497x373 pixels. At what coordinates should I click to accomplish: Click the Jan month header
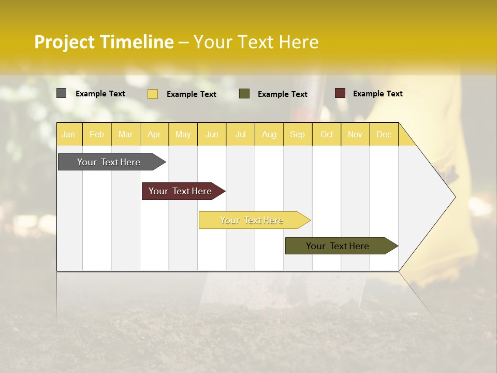[68, 134]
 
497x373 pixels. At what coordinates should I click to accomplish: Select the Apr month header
[154, 134]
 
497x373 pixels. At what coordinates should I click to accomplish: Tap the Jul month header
[240, 134]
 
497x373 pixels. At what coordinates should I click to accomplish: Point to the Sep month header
[297, 134]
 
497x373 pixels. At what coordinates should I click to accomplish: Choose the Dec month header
[384, 134]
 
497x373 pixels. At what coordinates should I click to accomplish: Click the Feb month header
[97, 134]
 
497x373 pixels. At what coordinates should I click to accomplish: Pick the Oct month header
[327, 134]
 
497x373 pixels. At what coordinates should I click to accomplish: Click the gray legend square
[62, 93]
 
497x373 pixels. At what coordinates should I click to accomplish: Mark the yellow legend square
[153, 94]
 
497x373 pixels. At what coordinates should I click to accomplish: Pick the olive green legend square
[244, 94]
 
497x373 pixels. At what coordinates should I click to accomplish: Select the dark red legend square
[340, 93]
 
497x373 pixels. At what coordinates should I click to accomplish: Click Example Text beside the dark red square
[377, 94]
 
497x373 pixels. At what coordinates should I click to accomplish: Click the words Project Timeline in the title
[104, 42]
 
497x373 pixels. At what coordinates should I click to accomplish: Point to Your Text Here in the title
[256, 42]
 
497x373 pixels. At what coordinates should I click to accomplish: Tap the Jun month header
[212, 134]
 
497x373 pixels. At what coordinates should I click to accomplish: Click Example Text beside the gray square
[100, 94]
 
